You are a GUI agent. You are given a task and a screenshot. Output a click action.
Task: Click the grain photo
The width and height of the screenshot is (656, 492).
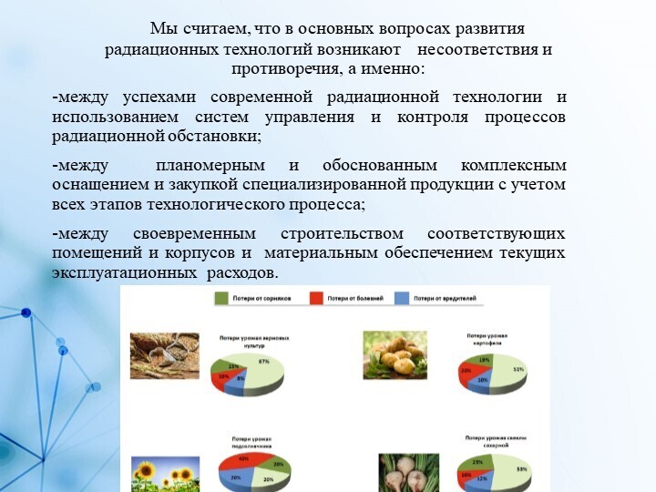[164, 355]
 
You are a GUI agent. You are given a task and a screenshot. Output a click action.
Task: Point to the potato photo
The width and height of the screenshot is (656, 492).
[395, 354]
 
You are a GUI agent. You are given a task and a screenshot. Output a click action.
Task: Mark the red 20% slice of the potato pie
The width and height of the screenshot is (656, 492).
[468, 371]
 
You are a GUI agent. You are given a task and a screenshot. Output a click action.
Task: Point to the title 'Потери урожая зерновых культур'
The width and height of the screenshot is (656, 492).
[249, 341]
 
